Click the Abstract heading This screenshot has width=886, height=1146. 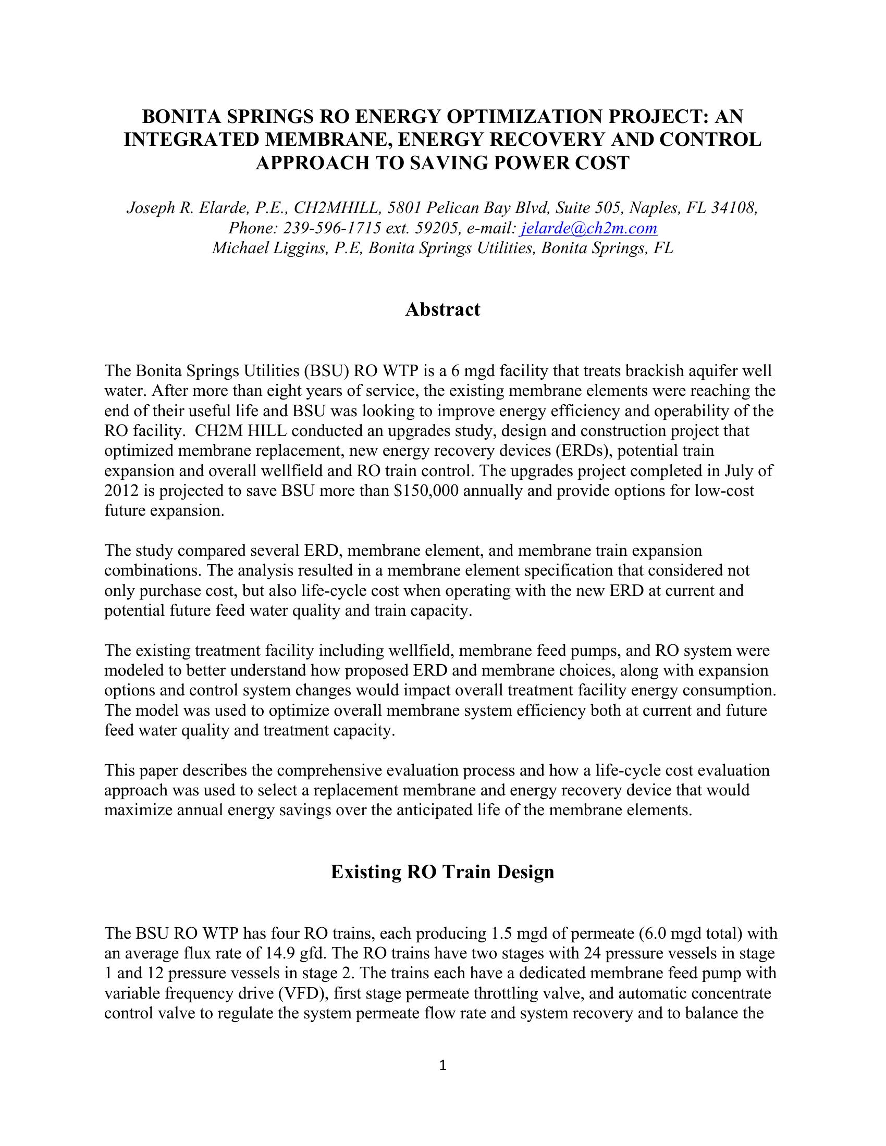(x=442, y=309)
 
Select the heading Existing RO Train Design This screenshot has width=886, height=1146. (x=442, y=872)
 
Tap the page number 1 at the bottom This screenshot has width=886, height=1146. (x=442, y=1065)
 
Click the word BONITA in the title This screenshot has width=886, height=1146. (x=178, y=117)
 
